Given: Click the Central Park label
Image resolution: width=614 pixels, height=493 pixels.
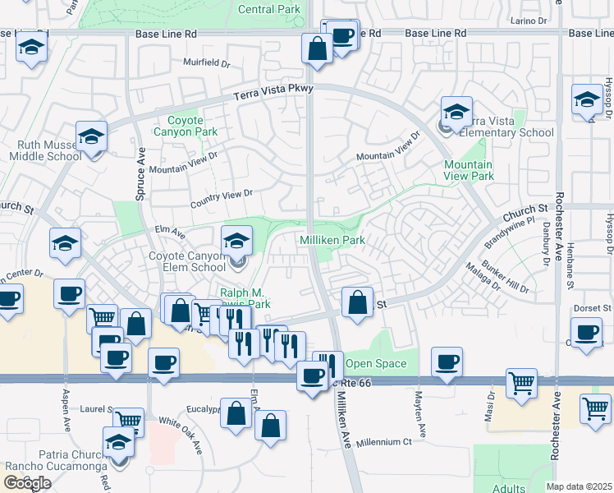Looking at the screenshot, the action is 269,9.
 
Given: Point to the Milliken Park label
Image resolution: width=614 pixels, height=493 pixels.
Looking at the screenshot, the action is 331,239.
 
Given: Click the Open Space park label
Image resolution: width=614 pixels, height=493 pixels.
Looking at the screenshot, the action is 376,363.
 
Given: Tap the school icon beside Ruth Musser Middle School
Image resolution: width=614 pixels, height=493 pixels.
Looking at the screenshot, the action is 92,136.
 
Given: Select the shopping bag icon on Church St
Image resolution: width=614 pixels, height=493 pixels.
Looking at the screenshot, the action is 357,302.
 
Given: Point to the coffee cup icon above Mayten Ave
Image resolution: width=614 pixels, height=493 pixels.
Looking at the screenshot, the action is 447,362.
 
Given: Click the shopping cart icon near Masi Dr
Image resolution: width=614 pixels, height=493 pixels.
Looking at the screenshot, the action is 522,383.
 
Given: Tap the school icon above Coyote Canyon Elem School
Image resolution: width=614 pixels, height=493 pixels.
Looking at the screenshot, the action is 236,241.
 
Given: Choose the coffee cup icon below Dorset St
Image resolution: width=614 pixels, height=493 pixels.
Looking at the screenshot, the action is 586,333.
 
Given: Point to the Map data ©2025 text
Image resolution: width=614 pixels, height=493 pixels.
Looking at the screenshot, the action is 580,486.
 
